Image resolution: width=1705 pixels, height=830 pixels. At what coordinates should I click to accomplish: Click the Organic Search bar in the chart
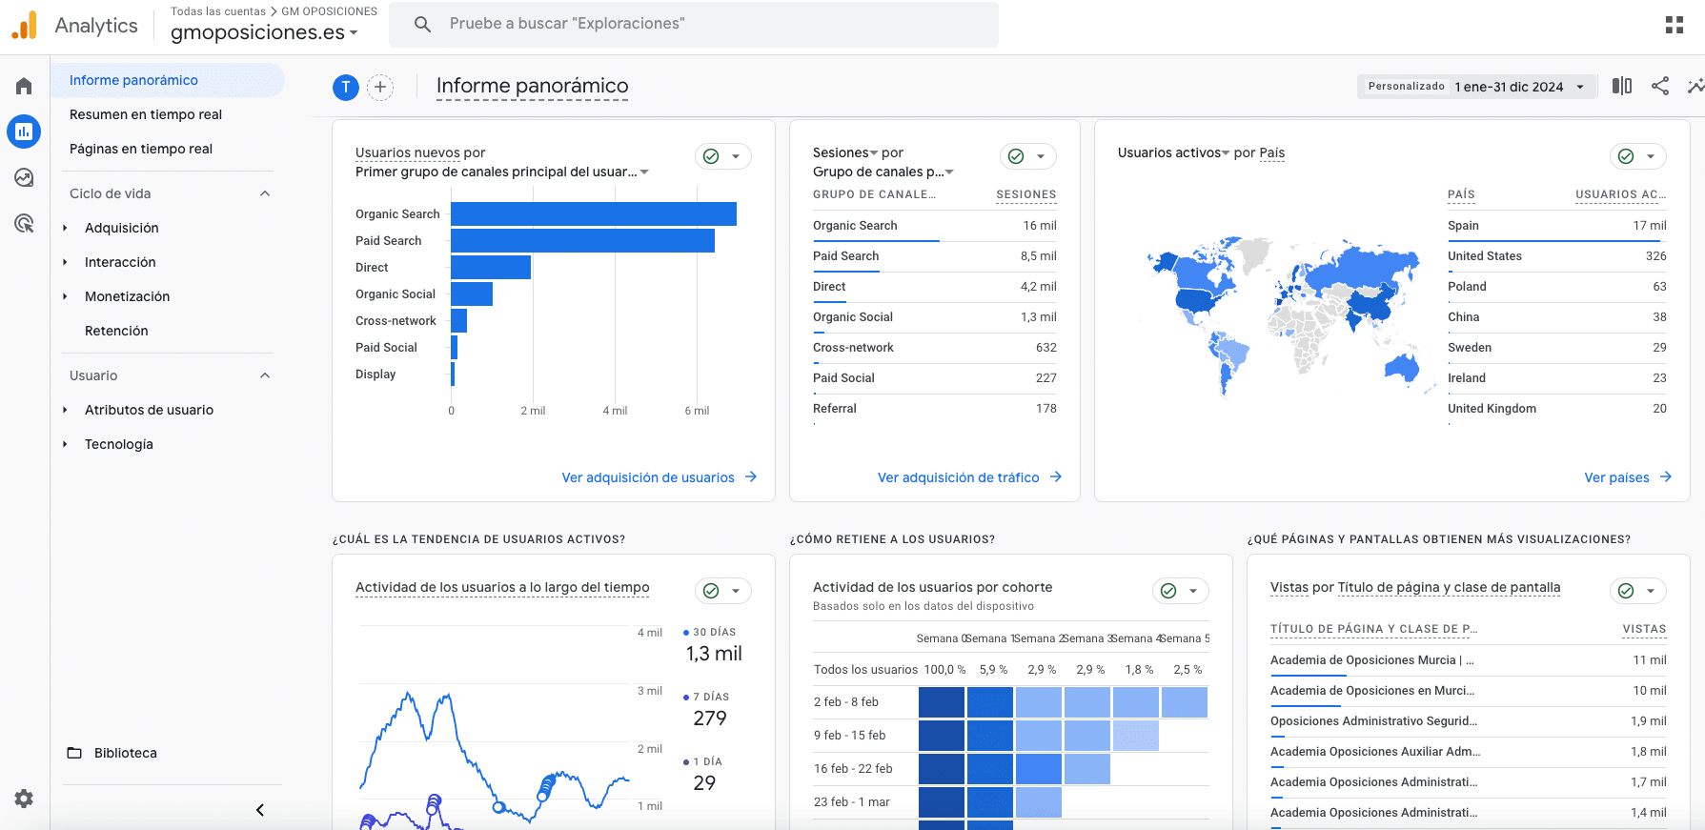(x=593, y=214)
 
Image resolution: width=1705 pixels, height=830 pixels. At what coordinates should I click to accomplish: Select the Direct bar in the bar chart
(x=490, y=268)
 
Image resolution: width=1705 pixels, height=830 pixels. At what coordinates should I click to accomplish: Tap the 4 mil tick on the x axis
(x=615, y=411)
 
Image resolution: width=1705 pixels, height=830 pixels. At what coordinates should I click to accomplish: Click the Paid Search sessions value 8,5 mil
(x=1038, y=256)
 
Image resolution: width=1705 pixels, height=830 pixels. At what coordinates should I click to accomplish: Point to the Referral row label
(x=834, y=409)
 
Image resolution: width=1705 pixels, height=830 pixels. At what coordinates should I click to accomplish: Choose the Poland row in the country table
(x=1467, y=287)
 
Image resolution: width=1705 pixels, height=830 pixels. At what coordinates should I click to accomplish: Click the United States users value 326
(x=1655, y=256)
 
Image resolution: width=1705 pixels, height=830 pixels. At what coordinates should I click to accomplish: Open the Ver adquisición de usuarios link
(x=648, y=477)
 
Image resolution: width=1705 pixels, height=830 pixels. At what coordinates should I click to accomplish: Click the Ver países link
(x=1616, y=477)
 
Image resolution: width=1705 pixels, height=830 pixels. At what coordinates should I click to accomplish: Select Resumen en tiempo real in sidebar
(x=145, y=114)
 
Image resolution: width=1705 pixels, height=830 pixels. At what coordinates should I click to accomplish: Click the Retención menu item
(x=116, y=331)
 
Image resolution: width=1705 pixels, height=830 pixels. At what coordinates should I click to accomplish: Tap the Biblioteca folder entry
(x=125, y=753)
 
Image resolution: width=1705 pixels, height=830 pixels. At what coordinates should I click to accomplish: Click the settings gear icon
(x=24, y=799)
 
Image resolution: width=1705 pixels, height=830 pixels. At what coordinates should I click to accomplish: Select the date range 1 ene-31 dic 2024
(x=1509, y=87)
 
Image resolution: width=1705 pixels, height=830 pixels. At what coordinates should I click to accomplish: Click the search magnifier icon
(x=423, y=24)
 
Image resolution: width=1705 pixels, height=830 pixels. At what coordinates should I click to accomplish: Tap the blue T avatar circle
(x=345, y=88)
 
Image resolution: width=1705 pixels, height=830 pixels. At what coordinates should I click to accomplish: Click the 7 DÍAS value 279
(x=710, y=719)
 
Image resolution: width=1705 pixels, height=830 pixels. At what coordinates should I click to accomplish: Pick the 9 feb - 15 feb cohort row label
(x=849, y=736)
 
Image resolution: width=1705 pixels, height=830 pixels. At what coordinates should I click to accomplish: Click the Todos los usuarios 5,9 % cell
(x=993, y=670)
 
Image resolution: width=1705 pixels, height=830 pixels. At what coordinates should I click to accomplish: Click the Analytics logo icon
(x=25, y=26)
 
